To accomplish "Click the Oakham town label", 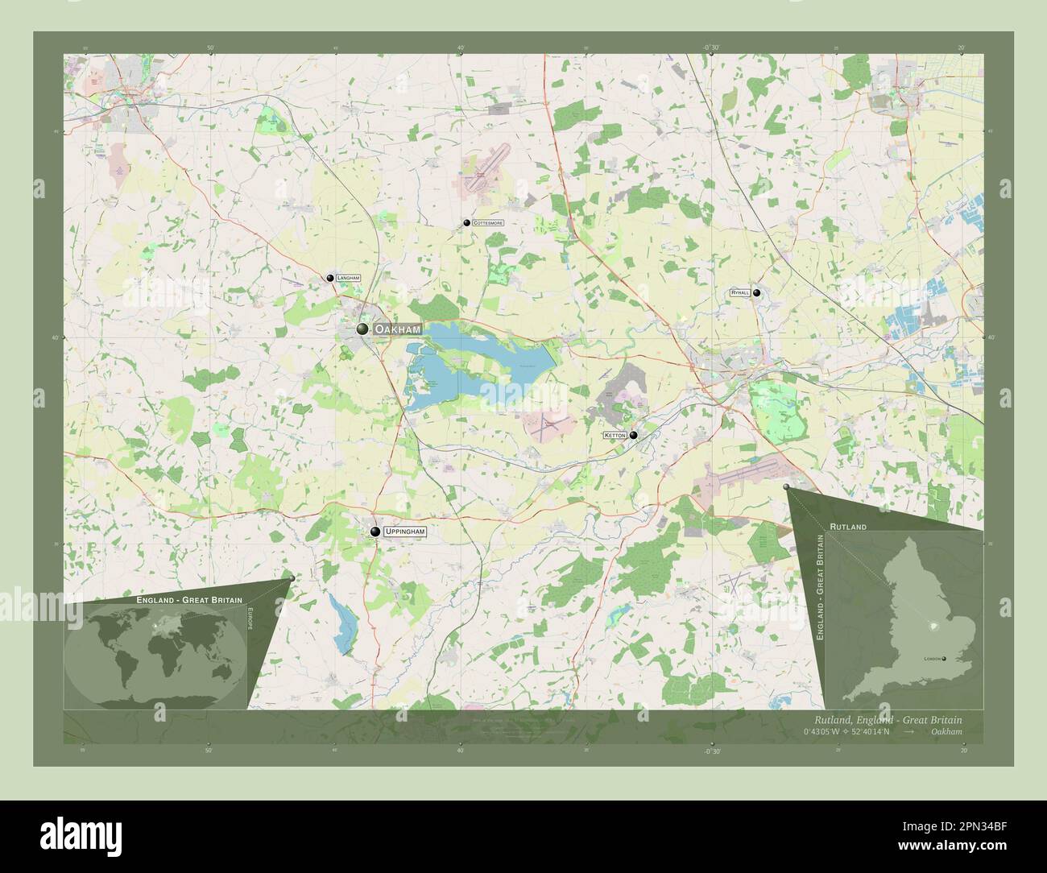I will [397, 329].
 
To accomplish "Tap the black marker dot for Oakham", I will [363, 329].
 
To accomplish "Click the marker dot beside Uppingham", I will [375, 532].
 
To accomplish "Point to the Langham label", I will [348, 278].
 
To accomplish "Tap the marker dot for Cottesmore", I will [466, 222].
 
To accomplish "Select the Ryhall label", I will [739, 293].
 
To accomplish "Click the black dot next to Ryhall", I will [756, 294].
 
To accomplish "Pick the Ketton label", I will [615, 436].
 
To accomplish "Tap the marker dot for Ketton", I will [634, 436].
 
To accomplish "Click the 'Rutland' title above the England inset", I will [847, 526].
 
